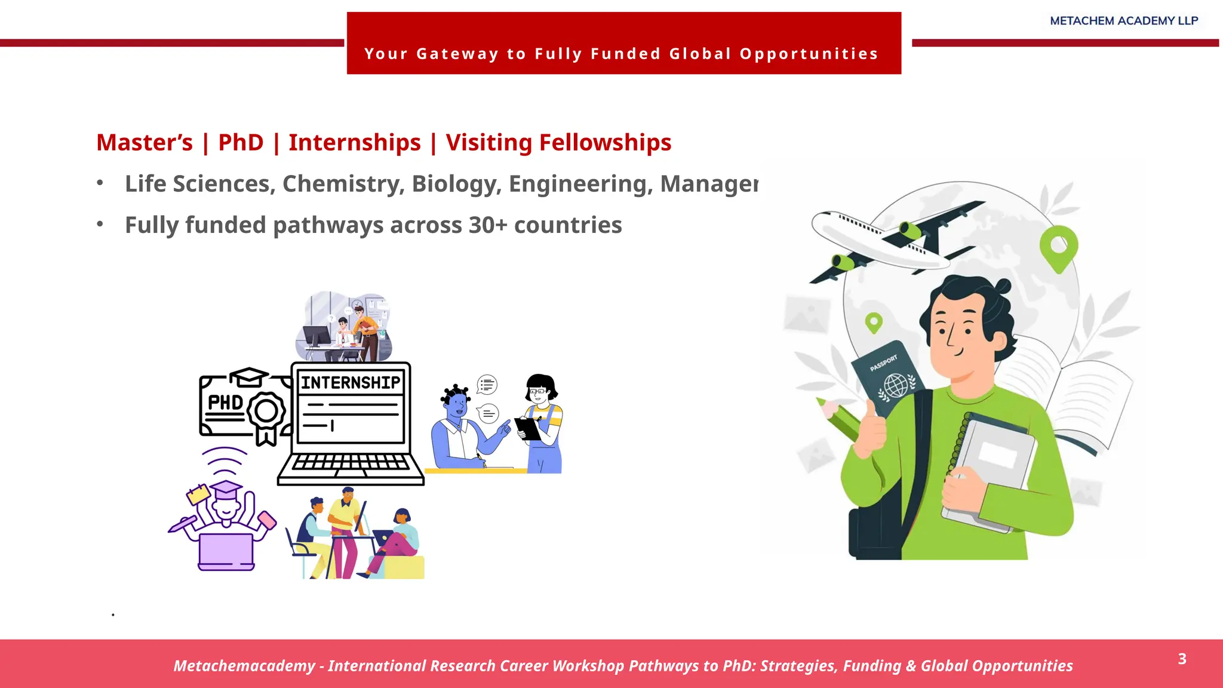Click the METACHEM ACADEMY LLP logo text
1124,21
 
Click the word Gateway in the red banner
457,54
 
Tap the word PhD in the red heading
241,143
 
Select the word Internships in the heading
355,143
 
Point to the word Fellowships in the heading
605,143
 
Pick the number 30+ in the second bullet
487,225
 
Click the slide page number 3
1182,659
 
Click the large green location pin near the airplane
1059,247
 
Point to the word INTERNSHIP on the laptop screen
351,382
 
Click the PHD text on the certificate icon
225,403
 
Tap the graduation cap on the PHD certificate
249,377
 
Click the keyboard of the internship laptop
351,463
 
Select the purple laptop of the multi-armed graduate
226,551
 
